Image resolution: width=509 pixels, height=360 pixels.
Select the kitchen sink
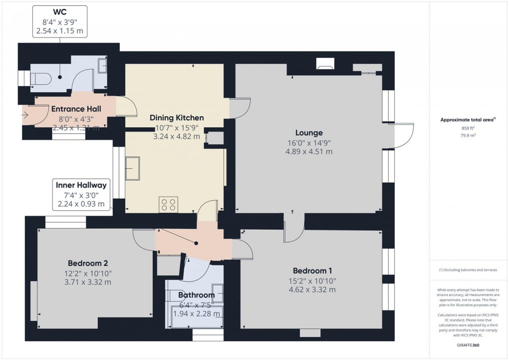point(133,167)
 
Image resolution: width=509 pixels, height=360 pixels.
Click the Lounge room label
point(309,133)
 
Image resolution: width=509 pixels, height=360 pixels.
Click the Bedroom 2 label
point(88,263)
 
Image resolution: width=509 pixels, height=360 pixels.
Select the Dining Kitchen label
point(177,118)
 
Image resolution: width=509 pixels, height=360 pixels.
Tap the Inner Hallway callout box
point(81,194)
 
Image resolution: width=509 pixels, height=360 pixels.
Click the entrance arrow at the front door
point(25,115)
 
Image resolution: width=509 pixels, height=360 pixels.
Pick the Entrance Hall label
point(76,109)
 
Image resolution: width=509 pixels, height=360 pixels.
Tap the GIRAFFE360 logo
point(469,345)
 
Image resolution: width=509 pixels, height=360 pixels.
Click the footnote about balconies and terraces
point(469,270)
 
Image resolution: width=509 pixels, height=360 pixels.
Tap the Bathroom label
point(196,295)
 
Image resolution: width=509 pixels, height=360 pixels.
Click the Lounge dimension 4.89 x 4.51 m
point(309,151)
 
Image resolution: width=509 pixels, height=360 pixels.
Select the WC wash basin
point(102,66)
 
